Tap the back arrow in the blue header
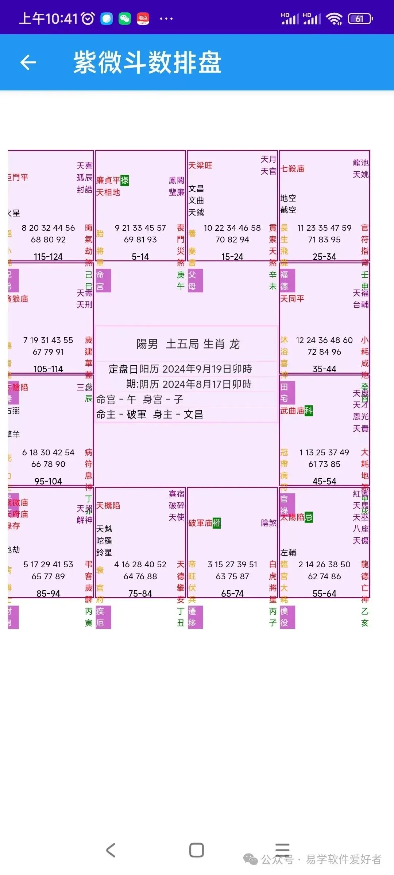[28, 62]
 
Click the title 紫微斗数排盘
[147, 62]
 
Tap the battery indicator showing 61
[360, 19]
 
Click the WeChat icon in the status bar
[125, 19]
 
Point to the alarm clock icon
[88, 19]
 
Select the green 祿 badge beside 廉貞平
[125, 180]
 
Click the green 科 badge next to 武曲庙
[309, 411]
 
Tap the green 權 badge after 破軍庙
[217, 523]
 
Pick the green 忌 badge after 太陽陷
[309, 517]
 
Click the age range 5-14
[140, 257]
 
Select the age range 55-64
[324, 594]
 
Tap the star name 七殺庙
[292, 168]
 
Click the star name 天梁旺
[200, 166]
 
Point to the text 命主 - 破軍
[121, 415]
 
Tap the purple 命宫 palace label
[103, 280]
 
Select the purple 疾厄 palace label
[103, 617]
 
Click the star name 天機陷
[108, 506]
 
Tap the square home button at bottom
[196, 850]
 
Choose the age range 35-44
[324, 369]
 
